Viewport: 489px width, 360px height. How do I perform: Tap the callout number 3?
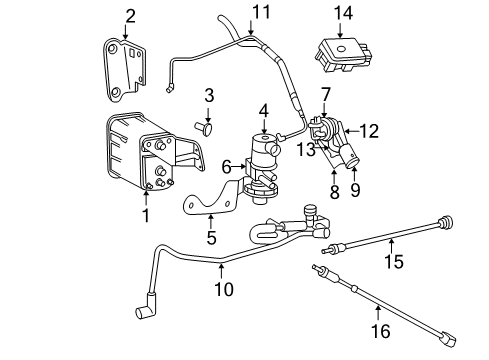pyautogui.click(x=209, y=95)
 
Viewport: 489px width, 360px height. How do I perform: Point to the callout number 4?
pyautogui.click(x=263, y=110)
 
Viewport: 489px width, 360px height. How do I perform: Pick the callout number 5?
pyautogui.click(x=212, y=237)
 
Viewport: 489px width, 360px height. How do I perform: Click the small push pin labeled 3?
pyautogui.click(x=210, y=129)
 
